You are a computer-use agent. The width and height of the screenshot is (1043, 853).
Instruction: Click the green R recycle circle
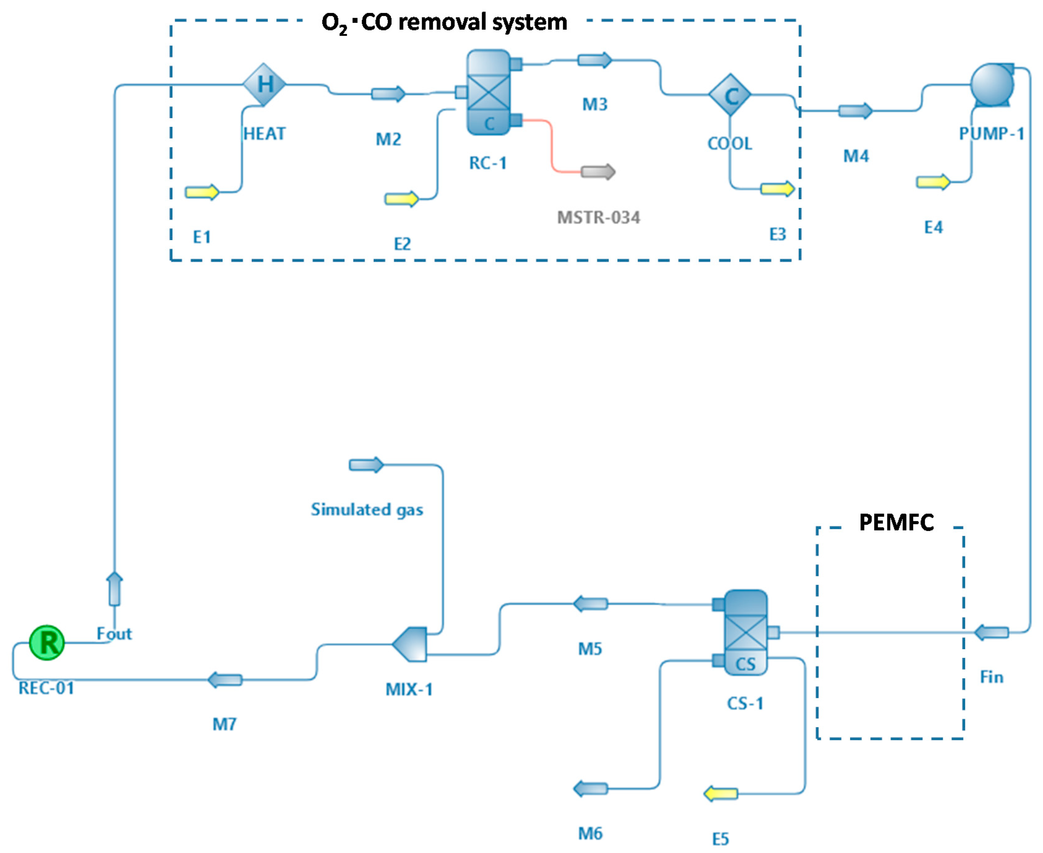coord(47,643)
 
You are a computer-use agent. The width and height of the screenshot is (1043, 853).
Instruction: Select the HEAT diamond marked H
coord(264,84)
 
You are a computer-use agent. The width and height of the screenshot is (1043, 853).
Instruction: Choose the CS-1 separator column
coord(745,632)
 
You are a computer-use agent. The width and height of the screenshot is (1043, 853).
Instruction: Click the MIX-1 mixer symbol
coord(409,644)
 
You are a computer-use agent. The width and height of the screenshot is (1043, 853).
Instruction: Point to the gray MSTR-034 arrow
coord(598,172)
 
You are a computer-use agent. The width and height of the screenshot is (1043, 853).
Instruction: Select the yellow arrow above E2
coord(401,199)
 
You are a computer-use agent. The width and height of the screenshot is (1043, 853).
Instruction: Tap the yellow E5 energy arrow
coord(721,794)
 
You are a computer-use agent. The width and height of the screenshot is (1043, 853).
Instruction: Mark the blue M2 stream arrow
coord(388,94)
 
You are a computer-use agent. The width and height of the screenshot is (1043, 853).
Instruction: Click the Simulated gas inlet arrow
coord(366,465)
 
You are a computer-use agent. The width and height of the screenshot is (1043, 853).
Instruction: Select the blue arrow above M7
coord(225,680)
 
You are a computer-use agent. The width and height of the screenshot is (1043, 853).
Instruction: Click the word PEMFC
coord(896,522)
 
